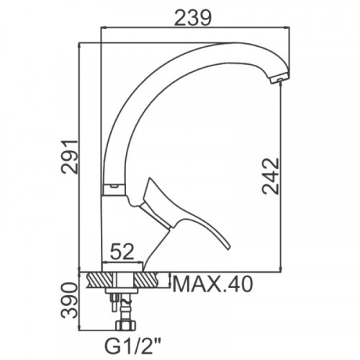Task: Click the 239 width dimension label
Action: [193, 17]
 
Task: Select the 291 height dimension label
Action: [69, 156]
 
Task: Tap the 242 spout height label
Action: [271, 176]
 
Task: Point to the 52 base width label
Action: [122, 251]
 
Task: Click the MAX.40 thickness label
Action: [212, 284]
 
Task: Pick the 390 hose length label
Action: [69, 300]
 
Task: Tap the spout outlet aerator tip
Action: [280, 79]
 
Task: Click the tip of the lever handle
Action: [228, 247]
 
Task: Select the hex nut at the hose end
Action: [125, 325]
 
